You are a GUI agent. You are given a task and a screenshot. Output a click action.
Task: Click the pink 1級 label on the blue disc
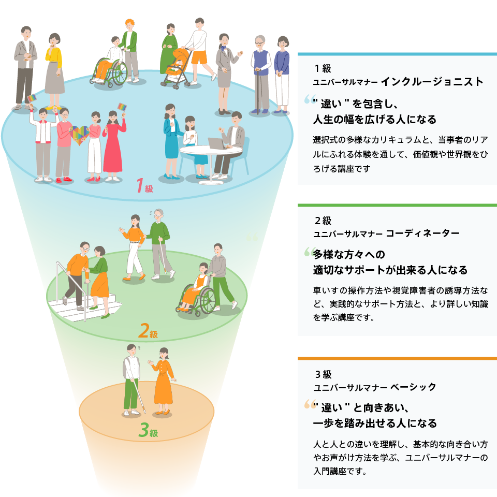[144, 186]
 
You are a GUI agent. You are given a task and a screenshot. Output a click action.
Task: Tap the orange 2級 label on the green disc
[148, 330]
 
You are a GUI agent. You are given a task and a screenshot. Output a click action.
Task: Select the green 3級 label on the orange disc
[148, 431]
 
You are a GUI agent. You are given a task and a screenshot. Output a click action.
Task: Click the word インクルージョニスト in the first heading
[432, 81]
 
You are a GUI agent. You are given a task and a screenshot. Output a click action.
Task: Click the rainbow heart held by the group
[79, 136]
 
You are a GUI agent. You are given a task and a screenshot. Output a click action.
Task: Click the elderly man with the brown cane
[261, 72]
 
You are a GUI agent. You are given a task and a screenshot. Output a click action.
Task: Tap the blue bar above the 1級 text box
[397, 54]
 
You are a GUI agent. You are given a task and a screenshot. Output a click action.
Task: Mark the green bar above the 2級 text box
[397, 206]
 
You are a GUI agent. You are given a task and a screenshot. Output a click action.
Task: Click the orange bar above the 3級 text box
[397, 358]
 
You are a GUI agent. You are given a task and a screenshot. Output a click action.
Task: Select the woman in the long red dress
[113, 145]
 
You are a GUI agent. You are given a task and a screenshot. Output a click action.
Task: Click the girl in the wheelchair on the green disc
[200, 287]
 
